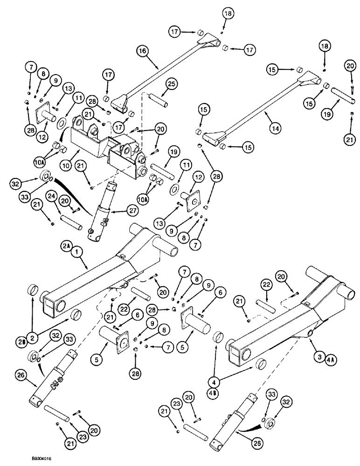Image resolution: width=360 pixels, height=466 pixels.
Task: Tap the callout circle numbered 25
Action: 170,84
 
